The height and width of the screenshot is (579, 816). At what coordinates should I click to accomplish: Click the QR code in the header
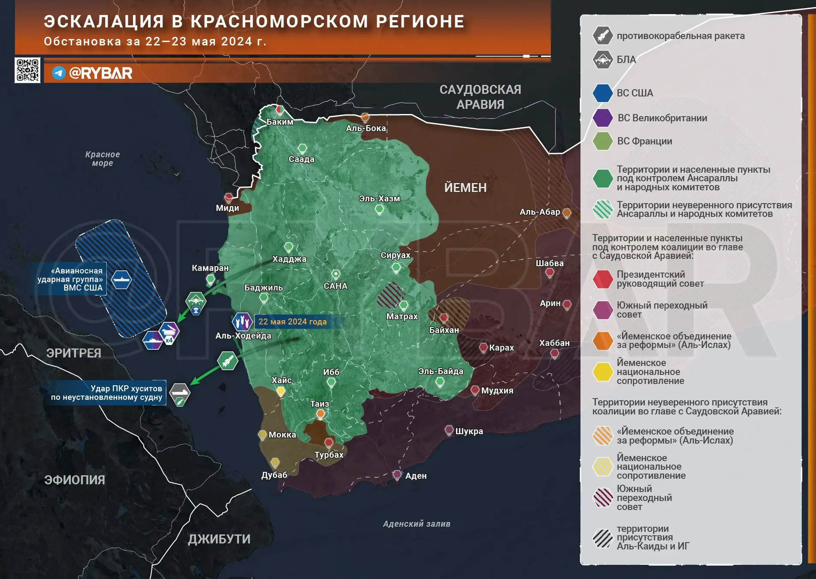(x=27, y=70)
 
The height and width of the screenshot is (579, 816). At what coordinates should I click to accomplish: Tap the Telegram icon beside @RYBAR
(x=59, y=73)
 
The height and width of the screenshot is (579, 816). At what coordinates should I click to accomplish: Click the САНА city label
(x=335, y=286)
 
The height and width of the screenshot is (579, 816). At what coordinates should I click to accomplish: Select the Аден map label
(x=416, y=476)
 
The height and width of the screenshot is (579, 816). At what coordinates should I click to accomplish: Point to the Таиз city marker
(x=320, y=414)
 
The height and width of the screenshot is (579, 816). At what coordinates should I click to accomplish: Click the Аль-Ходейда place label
(x=243, y=336)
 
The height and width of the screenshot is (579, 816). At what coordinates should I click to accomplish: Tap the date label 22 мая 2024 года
(x=293, y=321)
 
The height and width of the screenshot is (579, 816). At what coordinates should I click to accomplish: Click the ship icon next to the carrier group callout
(x=121, y=280)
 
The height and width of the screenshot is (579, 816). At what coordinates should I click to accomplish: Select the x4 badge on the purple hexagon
(x=169, y=340)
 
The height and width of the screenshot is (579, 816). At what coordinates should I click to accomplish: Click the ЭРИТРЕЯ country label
(x=74, y=353)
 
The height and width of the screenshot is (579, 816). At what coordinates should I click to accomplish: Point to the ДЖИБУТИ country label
(x=219, y=539)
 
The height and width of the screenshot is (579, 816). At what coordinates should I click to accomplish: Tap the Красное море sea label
(x=103, y=159)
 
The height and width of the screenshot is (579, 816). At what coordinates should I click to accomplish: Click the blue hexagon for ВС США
(x=603, y=93)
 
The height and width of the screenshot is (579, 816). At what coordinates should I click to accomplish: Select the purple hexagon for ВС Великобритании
(x=603, y=118)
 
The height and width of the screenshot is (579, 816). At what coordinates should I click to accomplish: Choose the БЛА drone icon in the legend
(x=603, y=60)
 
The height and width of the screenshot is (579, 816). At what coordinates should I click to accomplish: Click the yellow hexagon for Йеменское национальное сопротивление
(x=603, y=372)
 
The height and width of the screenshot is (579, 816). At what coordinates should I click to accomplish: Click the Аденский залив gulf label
(x=417, y=524)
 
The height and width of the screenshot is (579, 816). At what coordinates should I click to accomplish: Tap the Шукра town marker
(x=449, y=429)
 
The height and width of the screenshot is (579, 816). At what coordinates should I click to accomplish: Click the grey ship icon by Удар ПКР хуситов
(x=179, y=391)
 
